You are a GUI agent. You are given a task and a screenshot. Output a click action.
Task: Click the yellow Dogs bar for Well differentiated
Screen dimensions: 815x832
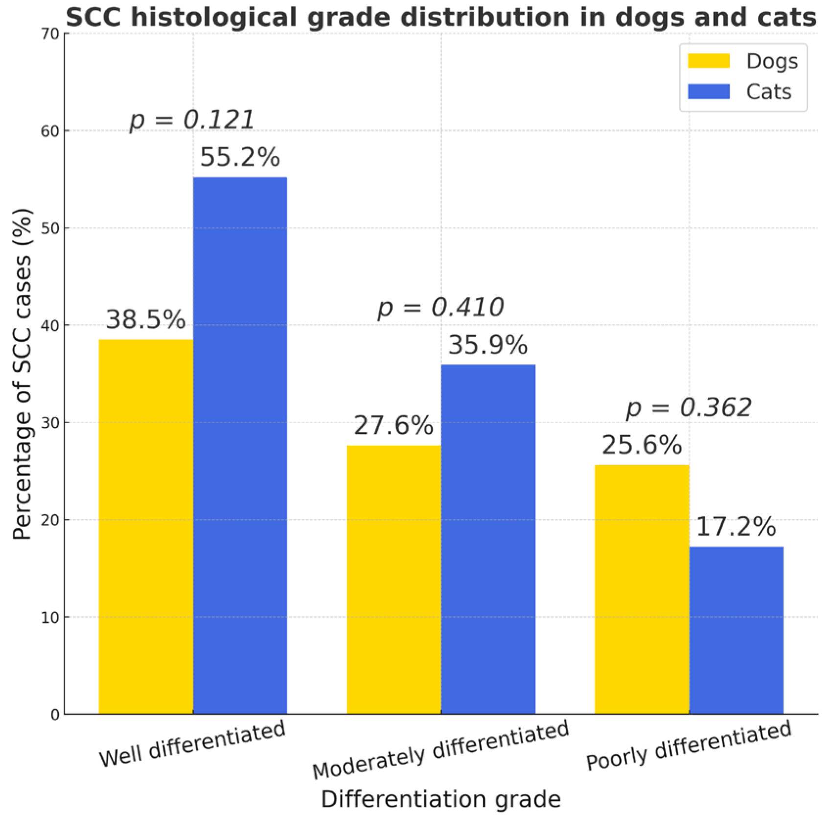point(146,527)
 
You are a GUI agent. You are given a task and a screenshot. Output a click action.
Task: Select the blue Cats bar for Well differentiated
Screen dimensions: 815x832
point(240,446)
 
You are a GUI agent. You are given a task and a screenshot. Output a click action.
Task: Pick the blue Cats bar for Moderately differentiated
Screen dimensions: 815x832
point(488,539)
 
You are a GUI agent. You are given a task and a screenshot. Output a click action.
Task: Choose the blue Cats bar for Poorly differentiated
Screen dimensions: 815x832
point(736,630)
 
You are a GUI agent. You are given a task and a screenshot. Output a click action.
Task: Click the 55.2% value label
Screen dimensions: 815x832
point(240,157)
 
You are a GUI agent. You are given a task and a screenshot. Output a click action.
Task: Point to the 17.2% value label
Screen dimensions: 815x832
point(736,527)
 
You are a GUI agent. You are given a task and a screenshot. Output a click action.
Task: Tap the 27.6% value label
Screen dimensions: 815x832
point(393,425)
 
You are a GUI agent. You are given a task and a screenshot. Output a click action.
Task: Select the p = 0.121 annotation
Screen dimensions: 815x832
point(192,120)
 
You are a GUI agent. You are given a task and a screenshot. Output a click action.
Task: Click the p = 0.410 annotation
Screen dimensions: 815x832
point(440,308)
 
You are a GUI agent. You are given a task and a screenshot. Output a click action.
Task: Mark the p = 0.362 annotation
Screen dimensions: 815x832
point(689,407)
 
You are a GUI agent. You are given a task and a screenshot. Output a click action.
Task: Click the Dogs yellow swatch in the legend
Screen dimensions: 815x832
point(708,61)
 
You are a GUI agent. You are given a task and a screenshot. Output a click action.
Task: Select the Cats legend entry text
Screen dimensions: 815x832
point(768,92)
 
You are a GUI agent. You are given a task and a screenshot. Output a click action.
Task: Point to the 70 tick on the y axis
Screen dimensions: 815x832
point(50,34)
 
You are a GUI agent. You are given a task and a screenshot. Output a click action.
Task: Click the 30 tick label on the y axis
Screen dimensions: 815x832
point(50,423)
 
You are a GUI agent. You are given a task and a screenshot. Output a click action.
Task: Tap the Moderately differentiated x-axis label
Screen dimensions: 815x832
point(440,749)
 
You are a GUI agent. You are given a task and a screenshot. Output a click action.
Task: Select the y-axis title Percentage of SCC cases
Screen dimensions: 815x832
point(22,374)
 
